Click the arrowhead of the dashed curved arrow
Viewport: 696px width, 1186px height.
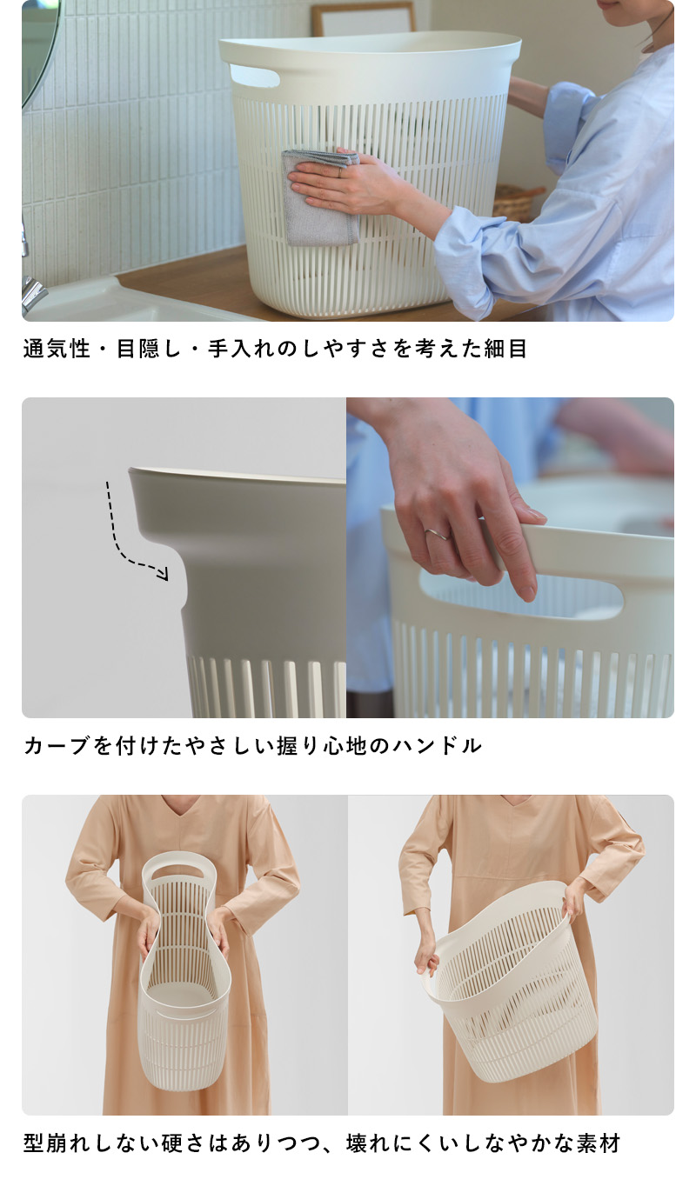pyautogui.click(x=164, y=573)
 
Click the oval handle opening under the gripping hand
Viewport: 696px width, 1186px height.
pyautogui.click(x=522, y=592)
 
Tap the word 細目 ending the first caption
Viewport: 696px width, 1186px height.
pyautogui.click(x=505, y=349)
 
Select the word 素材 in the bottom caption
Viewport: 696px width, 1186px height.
pyautogui.click(x=599, y=1143)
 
